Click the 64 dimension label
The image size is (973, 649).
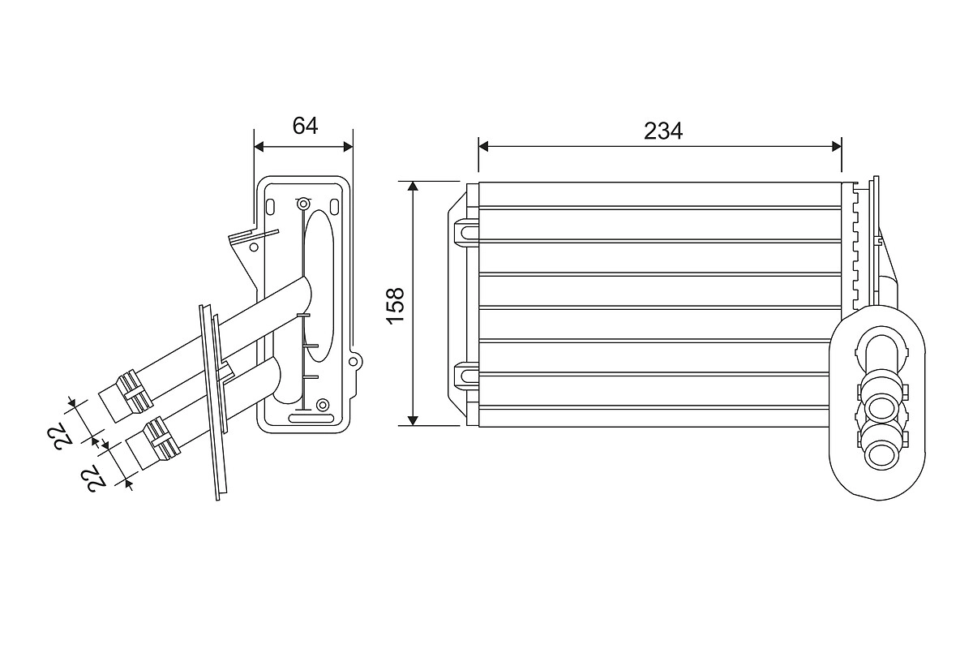pos(305,126)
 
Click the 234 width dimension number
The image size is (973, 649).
pos(663,131)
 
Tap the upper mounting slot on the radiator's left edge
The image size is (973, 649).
pos(468,231)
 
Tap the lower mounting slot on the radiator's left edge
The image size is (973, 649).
pos(468,375)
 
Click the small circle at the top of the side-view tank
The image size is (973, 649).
pos(303,203)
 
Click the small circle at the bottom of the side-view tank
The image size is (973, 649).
pos(323,404)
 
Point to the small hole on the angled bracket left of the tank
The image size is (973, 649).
pos(254,246)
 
